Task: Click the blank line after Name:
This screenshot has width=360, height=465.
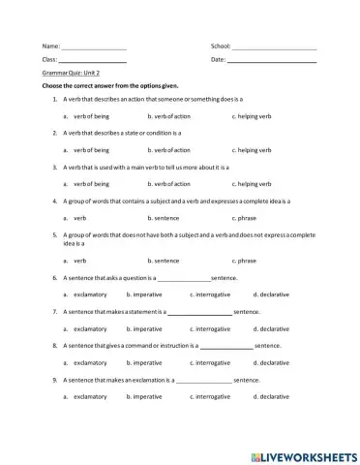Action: click(94, 46)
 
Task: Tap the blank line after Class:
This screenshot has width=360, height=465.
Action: click(93, 61)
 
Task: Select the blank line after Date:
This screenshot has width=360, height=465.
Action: click(272, 61)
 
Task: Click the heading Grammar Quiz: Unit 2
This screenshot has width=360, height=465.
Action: click(73, 73)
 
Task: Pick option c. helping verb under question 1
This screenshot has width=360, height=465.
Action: click(253, 115)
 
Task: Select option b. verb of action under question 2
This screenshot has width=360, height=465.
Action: click(169, 150)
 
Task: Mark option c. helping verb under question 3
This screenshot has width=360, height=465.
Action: click(253, 183)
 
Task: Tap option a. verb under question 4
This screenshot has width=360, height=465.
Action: click(76, 218)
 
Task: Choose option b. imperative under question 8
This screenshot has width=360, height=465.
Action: click(145, 362)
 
